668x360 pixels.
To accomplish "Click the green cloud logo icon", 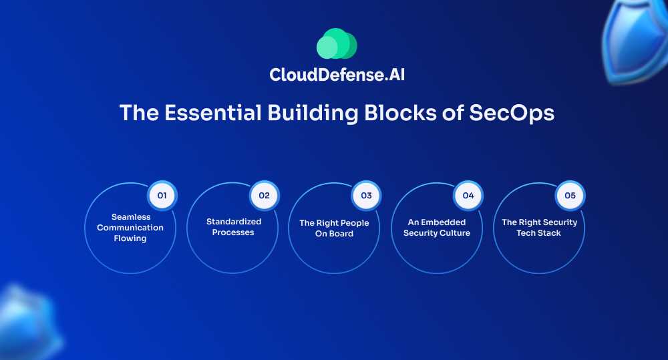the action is click(337, 43).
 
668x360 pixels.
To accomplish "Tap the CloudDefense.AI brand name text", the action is click(337, 75).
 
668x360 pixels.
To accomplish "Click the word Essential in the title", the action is click(213, 113).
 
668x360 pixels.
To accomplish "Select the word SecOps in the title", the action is click(512, 114).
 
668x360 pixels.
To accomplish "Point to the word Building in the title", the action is click(313, 114).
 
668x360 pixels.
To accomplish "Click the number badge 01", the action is click(162, 196).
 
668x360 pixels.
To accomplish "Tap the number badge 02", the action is click(264, 196).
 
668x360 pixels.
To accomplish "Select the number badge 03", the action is click(366, 196).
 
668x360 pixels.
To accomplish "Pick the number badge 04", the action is click(468, 196).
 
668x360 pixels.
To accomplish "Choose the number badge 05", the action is click(570, 196).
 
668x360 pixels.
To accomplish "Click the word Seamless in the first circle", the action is click(131, 217).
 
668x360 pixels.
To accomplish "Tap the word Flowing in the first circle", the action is click(130, 238).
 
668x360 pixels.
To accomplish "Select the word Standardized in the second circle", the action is click(234, 222).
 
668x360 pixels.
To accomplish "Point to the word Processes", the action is click(233, 232).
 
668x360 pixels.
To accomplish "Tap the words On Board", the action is click(334, 234).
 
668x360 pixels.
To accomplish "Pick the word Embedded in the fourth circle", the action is click(443, 222).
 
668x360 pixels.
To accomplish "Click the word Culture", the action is click(456, 233).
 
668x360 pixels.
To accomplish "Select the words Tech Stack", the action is click(538, 233).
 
